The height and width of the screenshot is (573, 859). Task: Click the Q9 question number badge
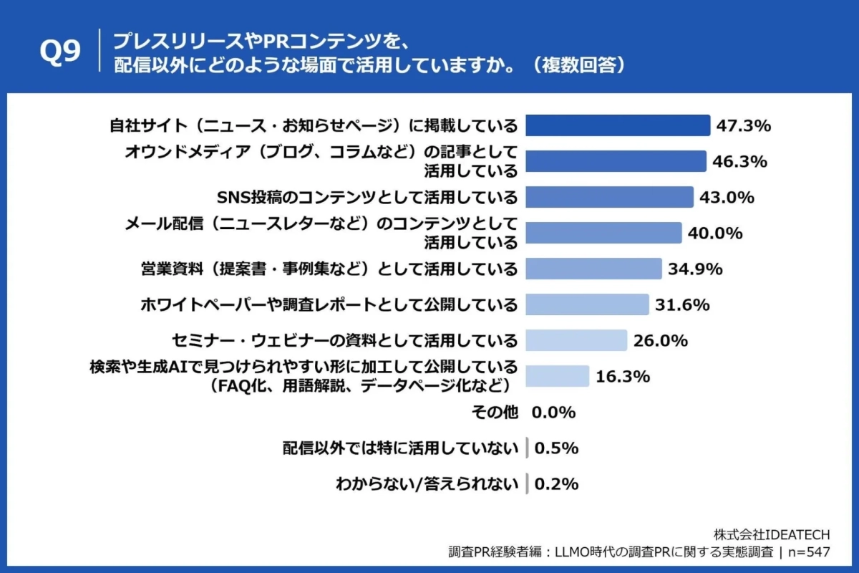pyautogui.click(x=62, y=52)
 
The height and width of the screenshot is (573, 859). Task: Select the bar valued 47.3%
pyautogui.click(x=618, y=125)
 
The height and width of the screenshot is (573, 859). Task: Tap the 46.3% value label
pyautogui.click(x=739, y=161)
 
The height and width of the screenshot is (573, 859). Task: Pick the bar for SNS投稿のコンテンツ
pyautogui.click(x=609, y=197)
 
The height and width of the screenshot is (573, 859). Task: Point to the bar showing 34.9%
pyautogui.click(x=593, y=269)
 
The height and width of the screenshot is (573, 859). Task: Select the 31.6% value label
pyautogui.click(x=682, y=304)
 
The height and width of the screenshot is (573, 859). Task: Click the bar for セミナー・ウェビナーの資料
pyautogui.click(x=576, y=340)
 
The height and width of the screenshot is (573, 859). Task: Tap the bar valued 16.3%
pyautogui.click(x=558, y=376)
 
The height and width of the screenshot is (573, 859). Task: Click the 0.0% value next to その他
pyautogui.click(x=553, y=413)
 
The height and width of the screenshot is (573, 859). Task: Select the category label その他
pyautogui.click(x=494, y=413)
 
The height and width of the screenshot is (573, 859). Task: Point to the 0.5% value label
pyautogui.click(x=556, y=448)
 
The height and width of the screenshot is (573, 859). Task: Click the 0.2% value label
pyautogui.click(x=556, y=484)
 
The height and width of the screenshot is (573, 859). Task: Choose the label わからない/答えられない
pyautogui.click(x=427, y=484)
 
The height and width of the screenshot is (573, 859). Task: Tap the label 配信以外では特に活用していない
pyautogui.click(x=399, y=448)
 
